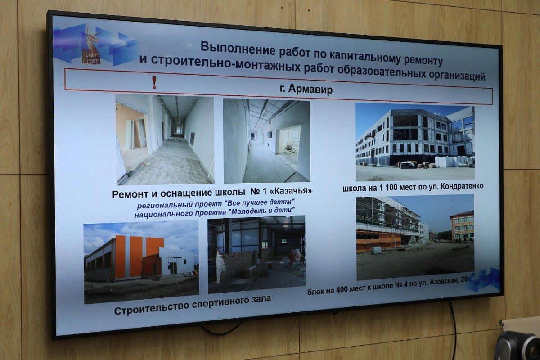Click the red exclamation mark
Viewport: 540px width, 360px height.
click(154, 82)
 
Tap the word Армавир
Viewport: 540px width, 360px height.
click(310, 90)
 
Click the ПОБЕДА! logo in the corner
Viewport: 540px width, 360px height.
click(91, 46)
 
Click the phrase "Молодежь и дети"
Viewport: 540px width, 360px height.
click(261, 211)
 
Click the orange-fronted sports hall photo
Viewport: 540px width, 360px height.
click(141, 262)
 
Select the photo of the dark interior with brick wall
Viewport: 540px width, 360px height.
click(256, 254)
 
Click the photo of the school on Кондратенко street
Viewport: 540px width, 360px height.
click(415, 142)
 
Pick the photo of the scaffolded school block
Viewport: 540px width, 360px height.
click(415, 237)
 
